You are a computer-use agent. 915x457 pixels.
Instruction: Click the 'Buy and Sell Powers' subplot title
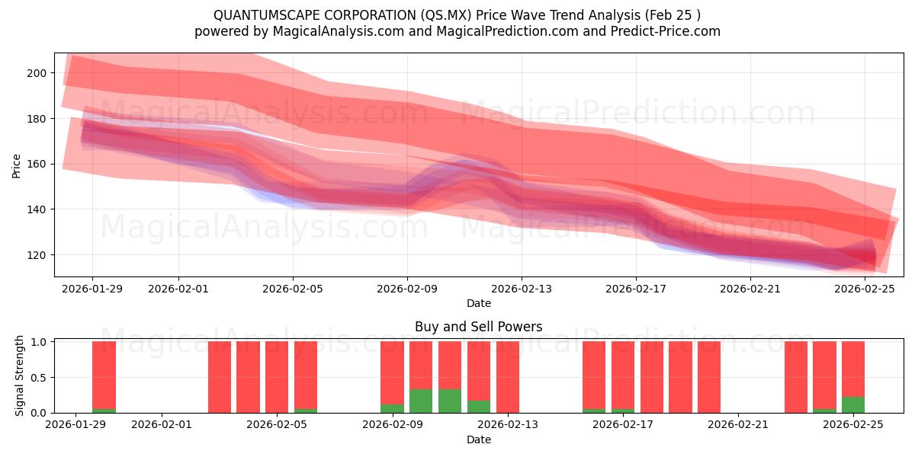click(478, 327)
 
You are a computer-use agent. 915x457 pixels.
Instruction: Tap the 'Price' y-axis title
click(17, 165)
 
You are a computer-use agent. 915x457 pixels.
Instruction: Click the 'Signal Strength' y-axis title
click(20, 376)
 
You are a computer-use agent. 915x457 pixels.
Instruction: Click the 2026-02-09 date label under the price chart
click(406, 289)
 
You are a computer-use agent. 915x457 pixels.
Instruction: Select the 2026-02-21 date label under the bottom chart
click(739, 425)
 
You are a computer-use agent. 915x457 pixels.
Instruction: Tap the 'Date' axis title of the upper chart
click(478, 303)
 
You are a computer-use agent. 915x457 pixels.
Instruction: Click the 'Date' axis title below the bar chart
click(478, 439)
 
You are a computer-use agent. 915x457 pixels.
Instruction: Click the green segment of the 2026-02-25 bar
click(853, 405)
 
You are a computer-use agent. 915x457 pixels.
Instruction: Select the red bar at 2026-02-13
click(507, 377)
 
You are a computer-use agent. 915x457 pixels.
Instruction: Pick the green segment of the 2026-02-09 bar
click(392, 408)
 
